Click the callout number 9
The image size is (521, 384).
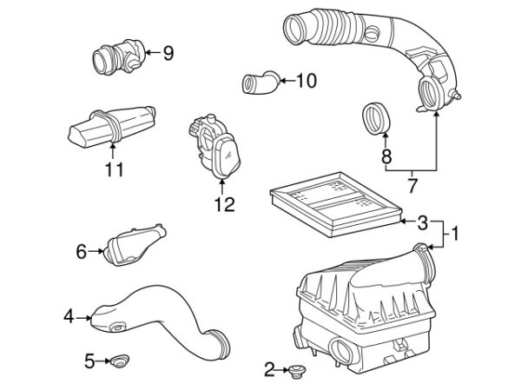[x=168, y=54]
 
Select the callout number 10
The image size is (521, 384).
[x=307, y=82]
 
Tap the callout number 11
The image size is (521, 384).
[x=114, y=169]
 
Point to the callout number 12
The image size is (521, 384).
[x=224, y=205]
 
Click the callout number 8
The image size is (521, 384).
[x=386, y=157]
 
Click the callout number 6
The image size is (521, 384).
[x=82, y=252]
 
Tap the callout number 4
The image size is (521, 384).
[x=69, y=317]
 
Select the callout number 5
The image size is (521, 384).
[x=89, y=359]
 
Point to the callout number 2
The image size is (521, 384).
[x=269, y=370]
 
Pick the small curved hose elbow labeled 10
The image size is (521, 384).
[x=259, y=83]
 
